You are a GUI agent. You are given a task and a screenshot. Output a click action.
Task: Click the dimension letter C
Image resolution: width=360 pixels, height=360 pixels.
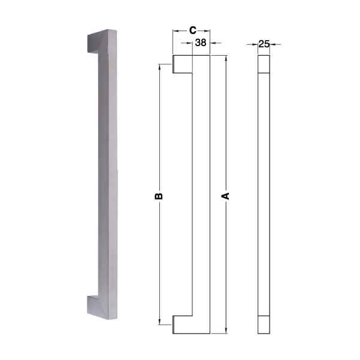(193, 31)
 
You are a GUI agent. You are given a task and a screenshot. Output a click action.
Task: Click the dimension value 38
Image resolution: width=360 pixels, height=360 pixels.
(201, 43)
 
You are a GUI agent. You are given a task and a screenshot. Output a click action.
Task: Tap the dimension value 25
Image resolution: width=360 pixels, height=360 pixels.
(264, 44)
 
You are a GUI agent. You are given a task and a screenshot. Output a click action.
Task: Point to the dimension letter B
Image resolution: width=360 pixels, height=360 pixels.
(159, 196)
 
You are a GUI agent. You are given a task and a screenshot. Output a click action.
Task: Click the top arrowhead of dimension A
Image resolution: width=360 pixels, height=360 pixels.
(226, 58)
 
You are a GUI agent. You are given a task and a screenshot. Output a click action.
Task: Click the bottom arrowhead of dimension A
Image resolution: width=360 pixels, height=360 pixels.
(226, 331)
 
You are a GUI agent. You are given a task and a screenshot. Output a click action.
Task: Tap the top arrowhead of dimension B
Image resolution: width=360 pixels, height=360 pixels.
(159, 67)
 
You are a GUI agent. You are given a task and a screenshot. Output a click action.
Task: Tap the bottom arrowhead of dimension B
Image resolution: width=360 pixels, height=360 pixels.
(159, 322)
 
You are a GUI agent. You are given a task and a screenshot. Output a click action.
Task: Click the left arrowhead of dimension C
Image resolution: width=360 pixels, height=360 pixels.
(176, 31)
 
